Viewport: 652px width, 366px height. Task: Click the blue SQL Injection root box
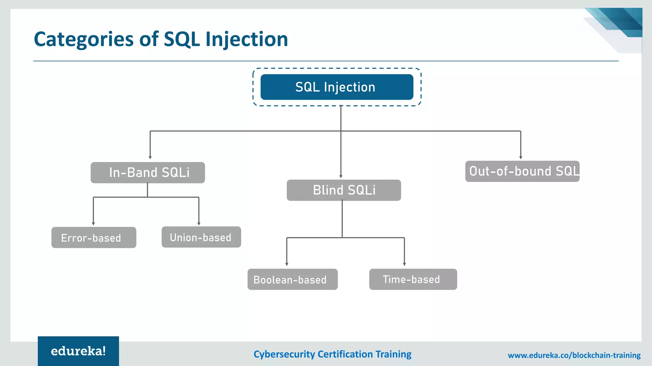coord(337,87)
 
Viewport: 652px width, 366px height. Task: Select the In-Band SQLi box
coord(148,173)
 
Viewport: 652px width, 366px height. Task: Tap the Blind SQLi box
coord(344,190)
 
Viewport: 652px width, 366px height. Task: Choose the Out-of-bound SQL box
coord(522,171)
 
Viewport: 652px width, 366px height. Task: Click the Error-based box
coord(94,237)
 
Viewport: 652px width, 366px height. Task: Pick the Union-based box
coord(201,237)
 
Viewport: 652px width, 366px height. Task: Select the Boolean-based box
coord(292,279)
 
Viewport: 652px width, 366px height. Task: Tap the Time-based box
coord(413,279)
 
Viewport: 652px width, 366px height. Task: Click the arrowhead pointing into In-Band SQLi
coord(150,157)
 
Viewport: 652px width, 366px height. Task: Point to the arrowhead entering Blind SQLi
coord(341,176)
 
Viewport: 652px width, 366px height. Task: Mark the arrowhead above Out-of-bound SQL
coord(521,157)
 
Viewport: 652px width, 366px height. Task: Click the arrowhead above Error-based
coord(93,224)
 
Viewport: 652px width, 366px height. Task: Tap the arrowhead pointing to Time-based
coord(404,264)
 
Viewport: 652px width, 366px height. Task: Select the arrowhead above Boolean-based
coord(287,264)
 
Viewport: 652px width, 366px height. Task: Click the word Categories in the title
coord(83,39)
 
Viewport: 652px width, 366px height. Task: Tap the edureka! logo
coord(78,351)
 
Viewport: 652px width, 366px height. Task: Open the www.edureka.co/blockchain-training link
coord(574,355)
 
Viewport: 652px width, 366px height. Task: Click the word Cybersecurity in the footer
coord(284,354)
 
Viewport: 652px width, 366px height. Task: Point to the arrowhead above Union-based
coord(199,224)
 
